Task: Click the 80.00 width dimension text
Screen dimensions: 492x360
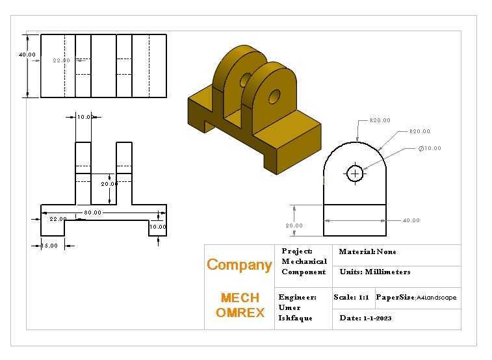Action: click(x=92, y=212)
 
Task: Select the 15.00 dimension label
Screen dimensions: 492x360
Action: click(x=49, y=246)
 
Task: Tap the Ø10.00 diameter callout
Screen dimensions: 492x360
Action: click(x=430, y=148)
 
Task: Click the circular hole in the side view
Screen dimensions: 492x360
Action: click(x=355, y=174)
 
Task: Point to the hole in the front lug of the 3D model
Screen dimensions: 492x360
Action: click(x=274, y=96)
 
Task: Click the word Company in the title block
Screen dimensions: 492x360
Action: click(x=239, y=266)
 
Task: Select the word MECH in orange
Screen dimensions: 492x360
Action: click(x=240, y=298)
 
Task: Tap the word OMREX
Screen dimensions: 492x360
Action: click(x=240, y=313)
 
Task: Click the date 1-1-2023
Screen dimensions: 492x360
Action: click(x=378, y=318)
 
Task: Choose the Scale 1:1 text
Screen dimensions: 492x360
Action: click(x=351, y=297)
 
